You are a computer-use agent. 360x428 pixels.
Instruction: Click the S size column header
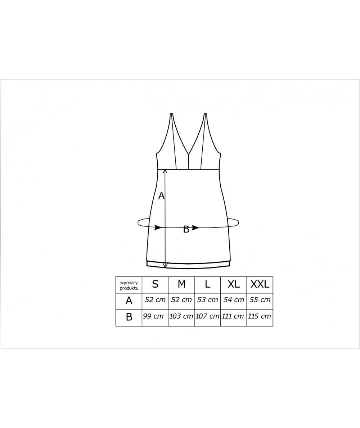point(155,284)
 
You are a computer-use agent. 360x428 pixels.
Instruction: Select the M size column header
point(181,284)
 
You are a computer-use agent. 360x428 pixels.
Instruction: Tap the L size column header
point(207,284)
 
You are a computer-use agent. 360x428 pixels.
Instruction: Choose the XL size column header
point(234,284)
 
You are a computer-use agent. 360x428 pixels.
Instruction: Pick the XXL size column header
point(260,284)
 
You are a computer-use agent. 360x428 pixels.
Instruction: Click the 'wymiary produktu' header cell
point(129,285)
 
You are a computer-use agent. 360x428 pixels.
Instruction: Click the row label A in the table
point(129,301)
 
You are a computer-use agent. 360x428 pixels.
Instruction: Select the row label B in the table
point(129,317)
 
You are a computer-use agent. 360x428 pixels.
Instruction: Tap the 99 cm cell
point(153,316)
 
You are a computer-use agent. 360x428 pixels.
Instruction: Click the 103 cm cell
point(181,316)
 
